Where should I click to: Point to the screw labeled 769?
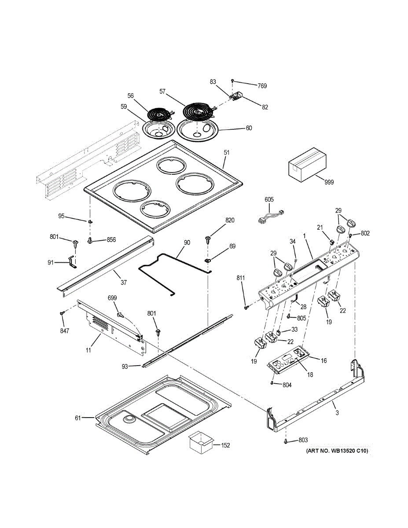tap(232, 81)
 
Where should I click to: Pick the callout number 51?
tap(227, 153)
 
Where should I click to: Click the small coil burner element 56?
tap(158, 114)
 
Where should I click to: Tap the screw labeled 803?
tap(287, 440)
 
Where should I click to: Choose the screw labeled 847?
tap(62, 312)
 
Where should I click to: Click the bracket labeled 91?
tap(70, 263)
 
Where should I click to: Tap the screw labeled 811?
tap(247, 307)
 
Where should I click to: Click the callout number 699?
tap(113, 298)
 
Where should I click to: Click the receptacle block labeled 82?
tap(239, 96)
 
